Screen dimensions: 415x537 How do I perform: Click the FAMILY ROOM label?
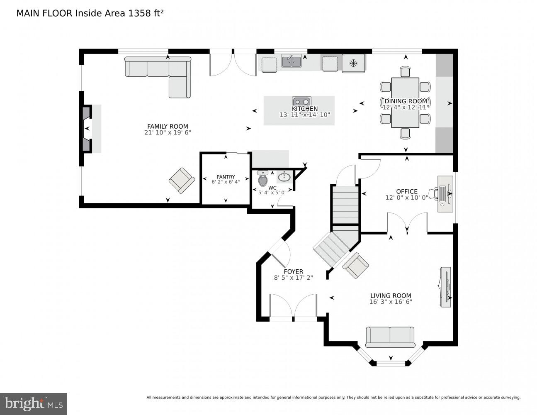[x=168, y=127]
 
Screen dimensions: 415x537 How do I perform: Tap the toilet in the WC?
[x=263, y=179]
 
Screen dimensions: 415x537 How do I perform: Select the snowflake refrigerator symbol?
[x=353, y=63]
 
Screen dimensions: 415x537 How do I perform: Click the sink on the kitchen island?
[x=301, y=102]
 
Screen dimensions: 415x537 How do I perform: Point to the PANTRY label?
[x=226, y=177]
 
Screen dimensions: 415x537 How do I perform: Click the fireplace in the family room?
[x=87, y=129]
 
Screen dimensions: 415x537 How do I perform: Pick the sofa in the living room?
[x=390, y=337]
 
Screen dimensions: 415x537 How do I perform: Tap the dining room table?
[x=405, y=103]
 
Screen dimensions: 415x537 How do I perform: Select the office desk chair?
[x=434, y=193]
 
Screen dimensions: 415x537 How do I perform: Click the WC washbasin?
[x=284, y=177]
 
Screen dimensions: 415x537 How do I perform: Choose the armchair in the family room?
[x=182, y=180]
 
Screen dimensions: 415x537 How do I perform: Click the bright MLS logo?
[x=34, y=403]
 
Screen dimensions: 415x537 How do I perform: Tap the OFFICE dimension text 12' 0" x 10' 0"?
[x=407, y=198]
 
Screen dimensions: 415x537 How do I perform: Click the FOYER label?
[x=293, y=272]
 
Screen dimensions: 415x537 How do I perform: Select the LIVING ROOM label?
[x=391, y=296]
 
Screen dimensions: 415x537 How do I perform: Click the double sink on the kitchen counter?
[x=292, y=61]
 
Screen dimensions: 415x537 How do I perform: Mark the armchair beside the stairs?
[x=356, y=265]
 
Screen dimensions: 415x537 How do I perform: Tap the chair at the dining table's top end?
[x=405, y=72]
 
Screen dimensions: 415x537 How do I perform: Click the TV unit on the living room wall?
[x=446, y=286]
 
